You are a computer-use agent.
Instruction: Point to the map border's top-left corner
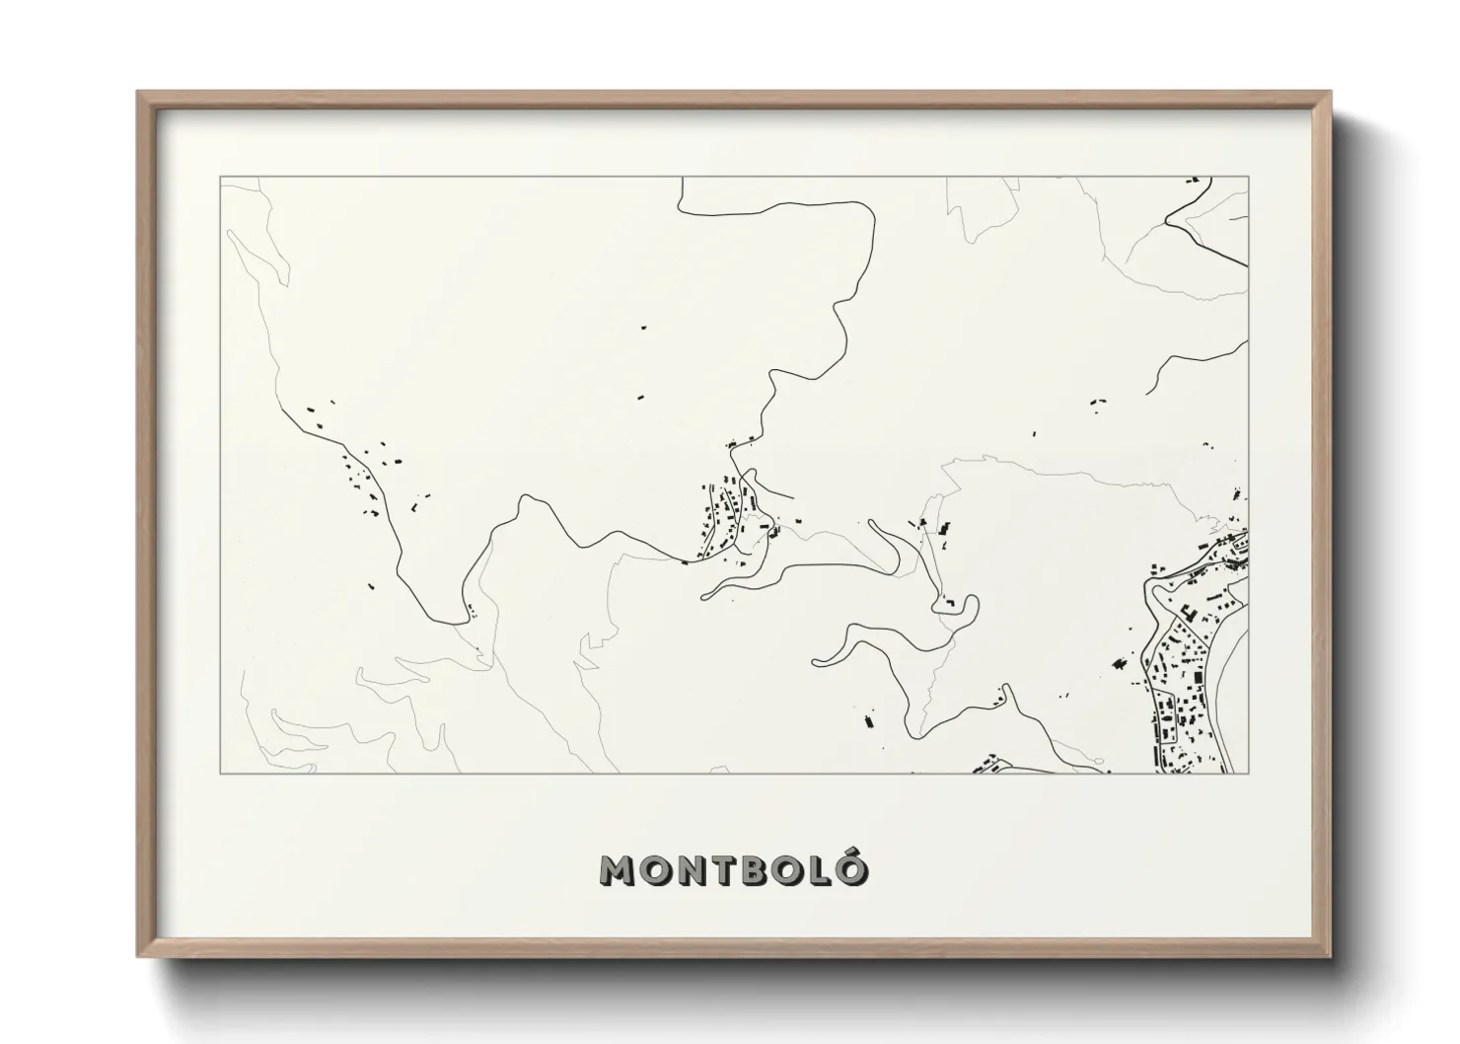click(220, 178)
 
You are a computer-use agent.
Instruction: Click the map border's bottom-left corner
click(220, 774)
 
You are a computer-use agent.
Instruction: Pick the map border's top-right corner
click(1249, 178)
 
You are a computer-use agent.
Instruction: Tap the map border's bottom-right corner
click(1249, 774)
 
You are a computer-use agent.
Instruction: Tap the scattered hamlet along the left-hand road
click(365, 474)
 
